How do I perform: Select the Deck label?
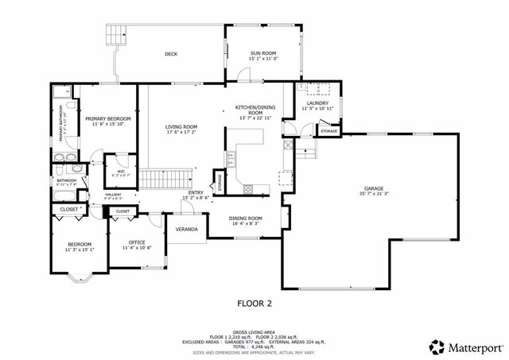[x=171, y=54]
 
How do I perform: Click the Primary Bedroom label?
[x=108, y=118]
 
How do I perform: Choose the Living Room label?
[x=181, y=126]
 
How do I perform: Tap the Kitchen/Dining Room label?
[x=254, y=110]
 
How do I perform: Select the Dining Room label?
[x=245, y=218]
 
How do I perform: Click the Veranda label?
[x=187, y=229]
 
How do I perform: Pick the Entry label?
[x=195, y=192]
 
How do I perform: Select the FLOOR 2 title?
[x=254, y=303]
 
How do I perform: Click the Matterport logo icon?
[x=437, y=346]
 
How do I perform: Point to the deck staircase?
[x=116, y=34]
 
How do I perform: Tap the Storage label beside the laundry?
[x=328, y=130]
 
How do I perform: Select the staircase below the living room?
[x=168, y=180]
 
